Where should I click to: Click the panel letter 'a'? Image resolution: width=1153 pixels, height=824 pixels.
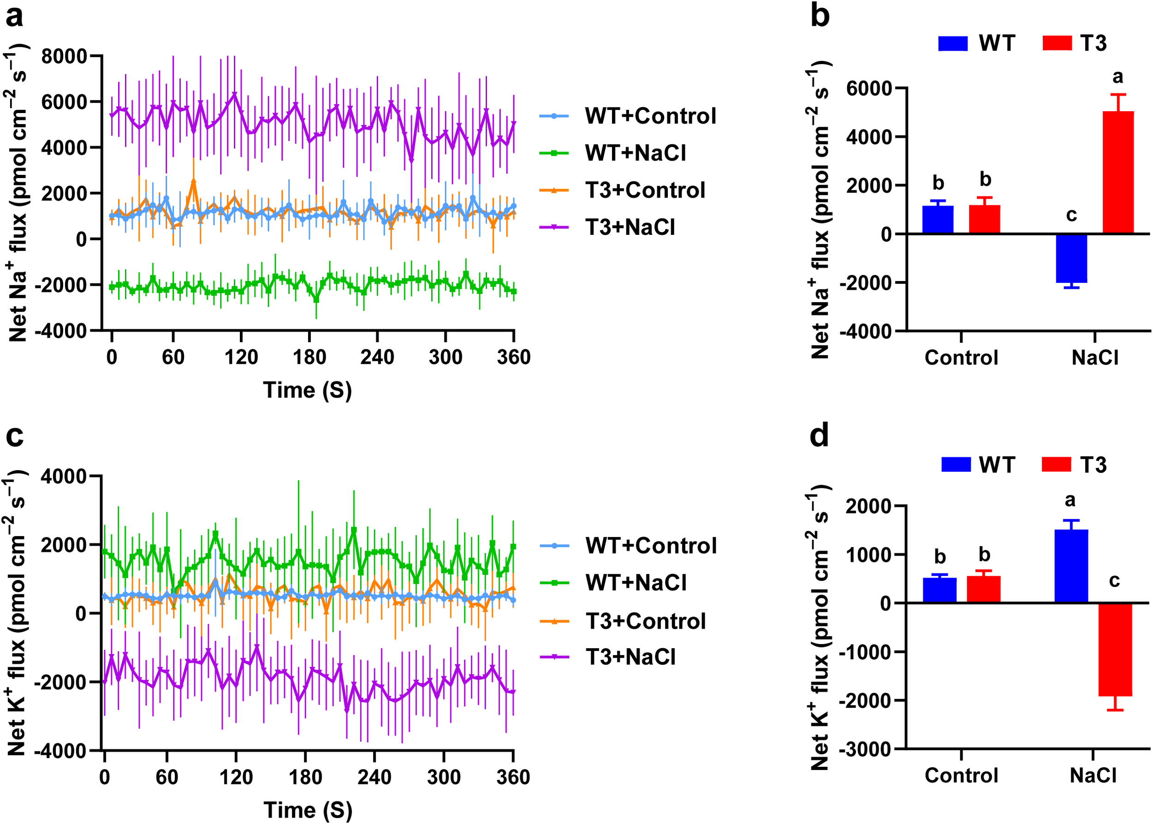click(x=14, y=17)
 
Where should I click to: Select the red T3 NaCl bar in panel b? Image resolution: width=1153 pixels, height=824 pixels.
click(x=1118, y=173)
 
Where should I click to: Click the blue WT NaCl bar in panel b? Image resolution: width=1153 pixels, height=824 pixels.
click(x=1071, y=258)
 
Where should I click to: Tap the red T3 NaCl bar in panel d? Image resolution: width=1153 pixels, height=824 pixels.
click(x=1115, y=650)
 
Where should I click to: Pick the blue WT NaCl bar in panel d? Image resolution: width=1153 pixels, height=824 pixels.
click(x=1071, y=566)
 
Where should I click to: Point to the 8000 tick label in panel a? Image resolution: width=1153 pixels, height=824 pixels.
click(x=65, y=56)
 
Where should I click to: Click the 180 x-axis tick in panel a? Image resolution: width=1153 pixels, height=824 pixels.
click(x=309, y=357)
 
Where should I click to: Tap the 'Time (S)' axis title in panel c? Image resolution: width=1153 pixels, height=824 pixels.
click(x=308, y=810)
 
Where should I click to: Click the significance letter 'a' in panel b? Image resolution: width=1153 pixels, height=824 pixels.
click(x=1117, y=77)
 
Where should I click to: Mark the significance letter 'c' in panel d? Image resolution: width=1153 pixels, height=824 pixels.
click(x=1114, y=580)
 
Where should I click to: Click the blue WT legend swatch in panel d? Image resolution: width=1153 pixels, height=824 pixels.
click(x=956, y=464)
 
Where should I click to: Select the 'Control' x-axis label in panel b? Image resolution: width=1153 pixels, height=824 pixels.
click(x=961, y=358)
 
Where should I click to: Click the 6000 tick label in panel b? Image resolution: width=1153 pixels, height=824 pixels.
click(x=868, y=88)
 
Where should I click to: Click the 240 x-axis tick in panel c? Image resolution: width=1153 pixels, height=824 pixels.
click(x=374, y=777)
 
